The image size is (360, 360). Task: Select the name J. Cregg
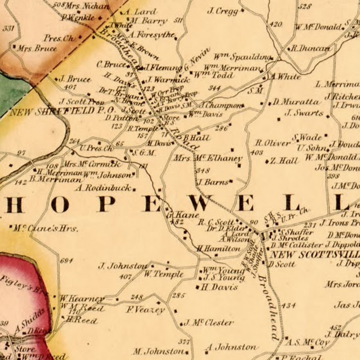(223, 11)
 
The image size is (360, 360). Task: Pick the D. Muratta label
(296, 102)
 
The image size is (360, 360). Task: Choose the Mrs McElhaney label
(208, 158)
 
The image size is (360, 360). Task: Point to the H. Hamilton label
(218, 248)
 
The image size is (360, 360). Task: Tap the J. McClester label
(208, 323)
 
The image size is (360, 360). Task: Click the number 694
(67, 261)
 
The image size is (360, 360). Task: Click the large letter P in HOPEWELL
(103, 204)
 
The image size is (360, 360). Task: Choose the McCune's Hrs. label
(45, 228)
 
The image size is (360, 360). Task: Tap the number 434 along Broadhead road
(288, 306)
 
